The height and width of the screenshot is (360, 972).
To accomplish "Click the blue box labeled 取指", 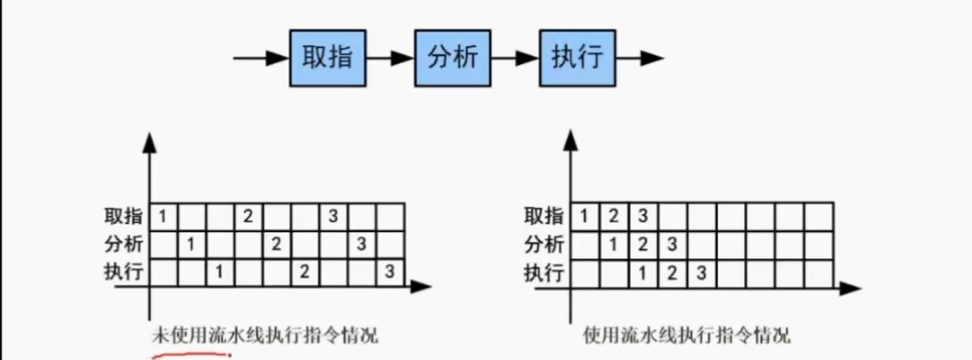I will (x=328, y=58).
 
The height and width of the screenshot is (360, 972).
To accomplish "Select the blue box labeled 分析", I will (x=452, y=58).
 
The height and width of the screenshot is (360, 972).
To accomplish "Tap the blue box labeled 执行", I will (x=577, y=58).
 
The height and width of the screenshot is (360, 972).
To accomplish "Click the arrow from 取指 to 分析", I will (x=390, y=58).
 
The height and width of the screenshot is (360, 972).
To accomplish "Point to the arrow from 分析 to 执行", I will (x=515, y=58).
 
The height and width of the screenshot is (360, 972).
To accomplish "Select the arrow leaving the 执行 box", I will (x=640, y=58).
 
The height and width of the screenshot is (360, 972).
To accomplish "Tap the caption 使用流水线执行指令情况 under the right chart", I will (x=687, y=335).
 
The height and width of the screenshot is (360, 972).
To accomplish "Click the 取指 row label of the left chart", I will (x=123, y=216).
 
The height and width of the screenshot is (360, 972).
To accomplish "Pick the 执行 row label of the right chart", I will (x=544, y=273).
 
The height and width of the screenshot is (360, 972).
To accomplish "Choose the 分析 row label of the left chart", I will (x=123, y=244).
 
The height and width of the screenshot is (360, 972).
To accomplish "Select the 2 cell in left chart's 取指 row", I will (x=248, y=216).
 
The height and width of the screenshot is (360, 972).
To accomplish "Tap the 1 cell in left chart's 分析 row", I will (x=191, y=244).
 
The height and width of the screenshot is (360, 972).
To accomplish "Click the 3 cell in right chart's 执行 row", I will (x=701, y=273).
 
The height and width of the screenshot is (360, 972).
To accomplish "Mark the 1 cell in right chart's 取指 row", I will (x=584, y=216).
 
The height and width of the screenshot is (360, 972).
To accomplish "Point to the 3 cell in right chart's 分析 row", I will (x=672, y=244).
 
